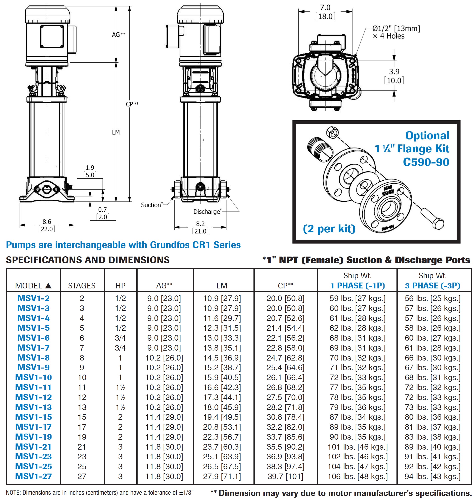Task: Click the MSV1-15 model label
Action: (x=33, y=417)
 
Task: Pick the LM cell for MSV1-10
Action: (x=222, y=377)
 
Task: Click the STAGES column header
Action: (x=82, y=285)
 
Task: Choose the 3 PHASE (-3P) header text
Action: (x=432, y=285)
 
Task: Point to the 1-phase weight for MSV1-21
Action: (x=357, y=446)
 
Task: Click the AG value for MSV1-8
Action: (x=164, y=357)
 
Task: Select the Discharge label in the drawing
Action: (x=207, y=211)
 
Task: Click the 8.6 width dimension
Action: (x=47, y=222)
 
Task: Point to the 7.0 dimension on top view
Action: (x=325, y=8)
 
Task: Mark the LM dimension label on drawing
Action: (x=116, y=132)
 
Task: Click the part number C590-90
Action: (x=426, y=162)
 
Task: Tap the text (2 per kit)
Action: (x=329, y=229)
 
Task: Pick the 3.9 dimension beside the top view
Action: (x=394, y=72)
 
